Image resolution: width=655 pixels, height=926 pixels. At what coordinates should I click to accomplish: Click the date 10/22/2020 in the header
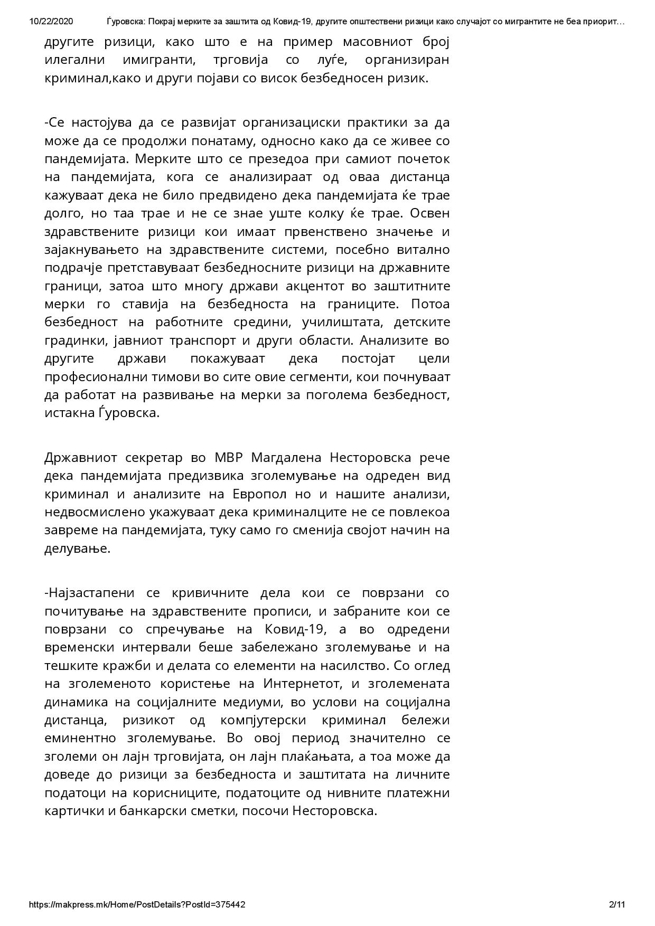[51, 22]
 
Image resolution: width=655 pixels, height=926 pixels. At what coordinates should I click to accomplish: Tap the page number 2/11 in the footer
[617, 904]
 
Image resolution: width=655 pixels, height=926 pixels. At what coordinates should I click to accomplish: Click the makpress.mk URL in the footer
[137, 904]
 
